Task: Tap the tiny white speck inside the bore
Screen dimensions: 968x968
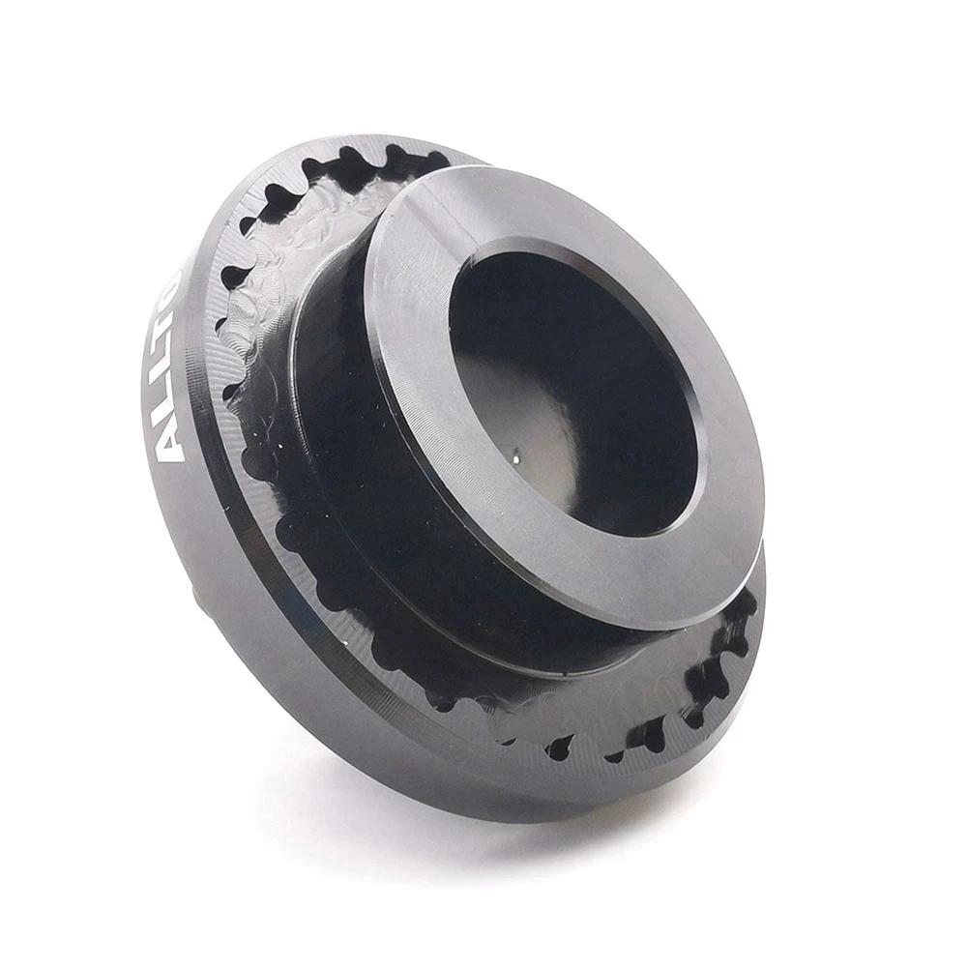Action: point(515,451)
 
